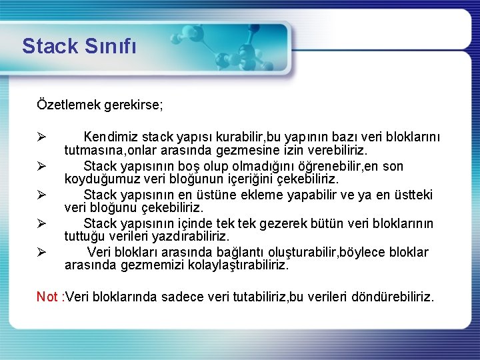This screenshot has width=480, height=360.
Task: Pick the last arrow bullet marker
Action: (x=41, y=252)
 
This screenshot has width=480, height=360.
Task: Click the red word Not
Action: (x=47, y=297)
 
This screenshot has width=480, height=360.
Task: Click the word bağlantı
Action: (x=241, y=252)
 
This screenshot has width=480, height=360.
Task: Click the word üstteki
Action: (x=412, y=195)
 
